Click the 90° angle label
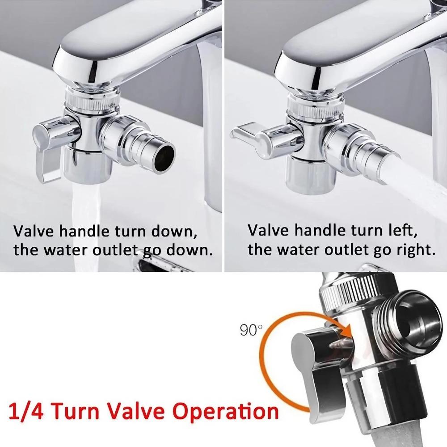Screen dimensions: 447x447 pyautogui.click(x=251, y=330)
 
